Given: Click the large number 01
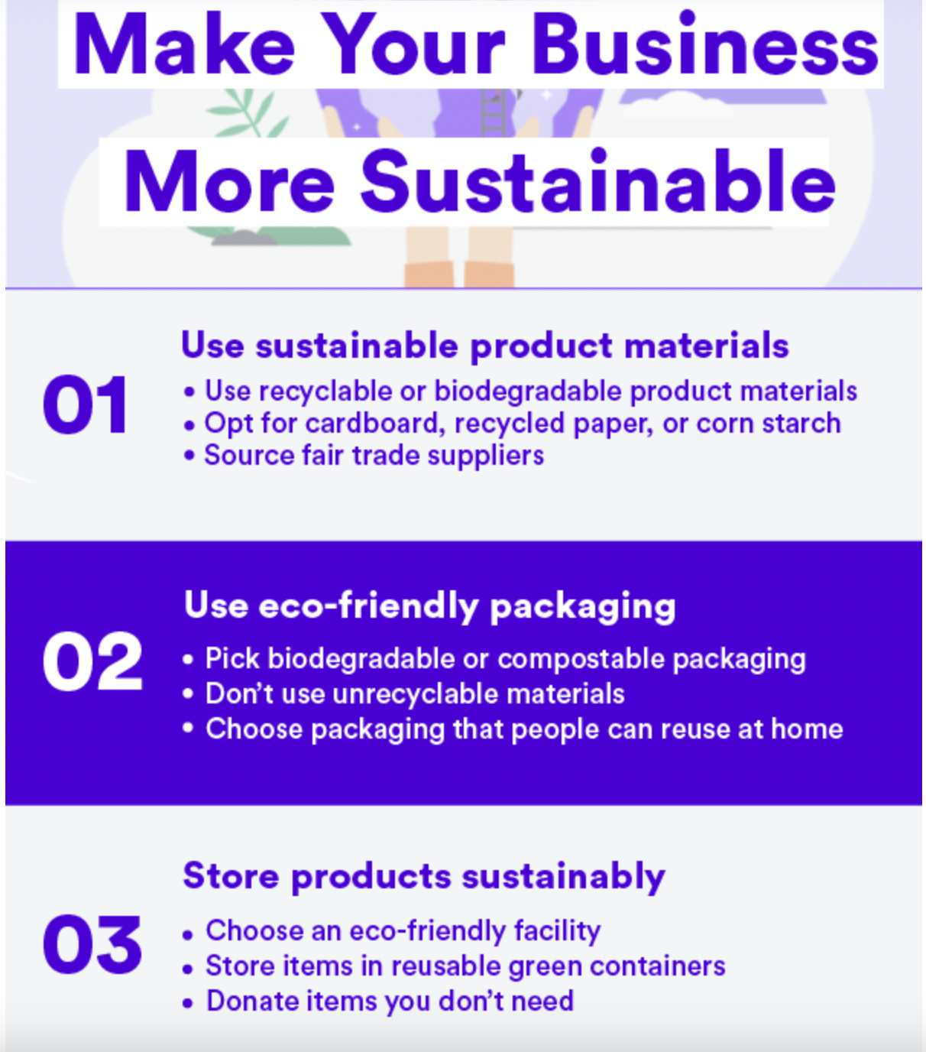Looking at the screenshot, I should coord(85,405).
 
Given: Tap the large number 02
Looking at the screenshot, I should coord(92,662).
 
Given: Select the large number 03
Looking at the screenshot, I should coord(92,945).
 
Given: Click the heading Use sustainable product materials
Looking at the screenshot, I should coord(484,346).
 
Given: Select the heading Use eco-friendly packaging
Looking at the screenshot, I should coord(429,606).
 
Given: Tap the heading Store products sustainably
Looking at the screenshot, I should coord(424,876).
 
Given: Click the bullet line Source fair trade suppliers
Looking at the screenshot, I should coord(374,456).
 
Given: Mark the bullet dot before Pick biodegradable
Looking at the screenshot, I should coord(188,660).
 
